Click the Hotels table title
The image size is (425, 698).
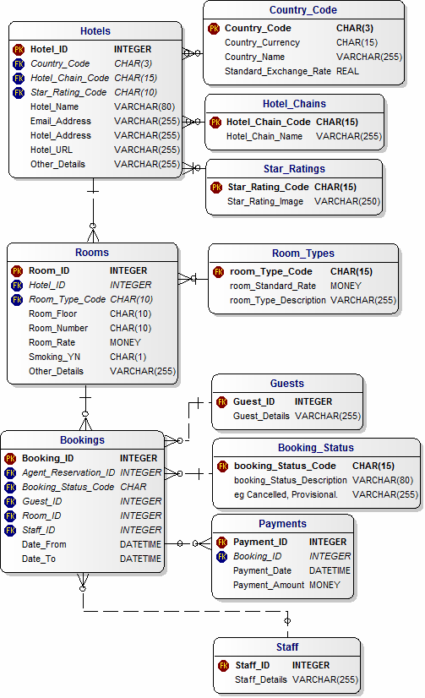tap(95, 31)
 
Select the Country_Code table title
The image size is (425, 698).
tap(303, 10)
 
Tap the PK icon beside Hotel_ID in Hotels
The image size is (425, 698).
tap(19, 49)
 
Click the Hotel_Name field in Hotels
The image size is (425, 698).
tap(54, 106)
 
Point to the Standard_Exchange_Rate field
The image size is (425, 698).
tap(278, 71)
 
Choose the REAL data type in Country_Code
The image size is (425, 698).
tap(347, 71)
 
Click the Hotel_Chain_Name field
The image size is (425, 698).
tap(264, 136)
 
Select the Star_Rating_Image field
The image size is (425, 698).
tap(265, 201)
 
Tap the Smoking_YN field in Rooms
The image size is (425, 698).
tap(54, 357)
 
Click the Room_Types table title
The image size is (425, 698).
tap(303, 254)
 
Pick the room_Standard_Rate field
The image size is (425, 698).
tap(273, 286)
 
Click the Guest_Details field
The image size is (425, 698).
tap(261, 416)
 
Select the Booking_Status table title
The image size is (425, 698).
tap(316, 447)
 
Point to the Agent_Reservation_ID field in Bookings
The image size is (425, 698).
tap(68, 472)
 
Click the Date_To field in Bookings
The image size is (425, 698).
tap(39, 559)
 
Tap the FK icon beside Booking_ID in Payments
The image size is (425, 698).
tap(221, 556)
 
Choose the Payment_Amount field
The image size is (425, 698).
tap(269, 585)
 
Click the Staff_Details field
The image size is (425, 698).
tap(261, 679)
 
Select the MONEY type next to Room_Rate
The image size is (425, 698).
tap(126, 342)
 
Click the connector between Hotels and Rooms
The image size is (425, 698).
tap(93, 210)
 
